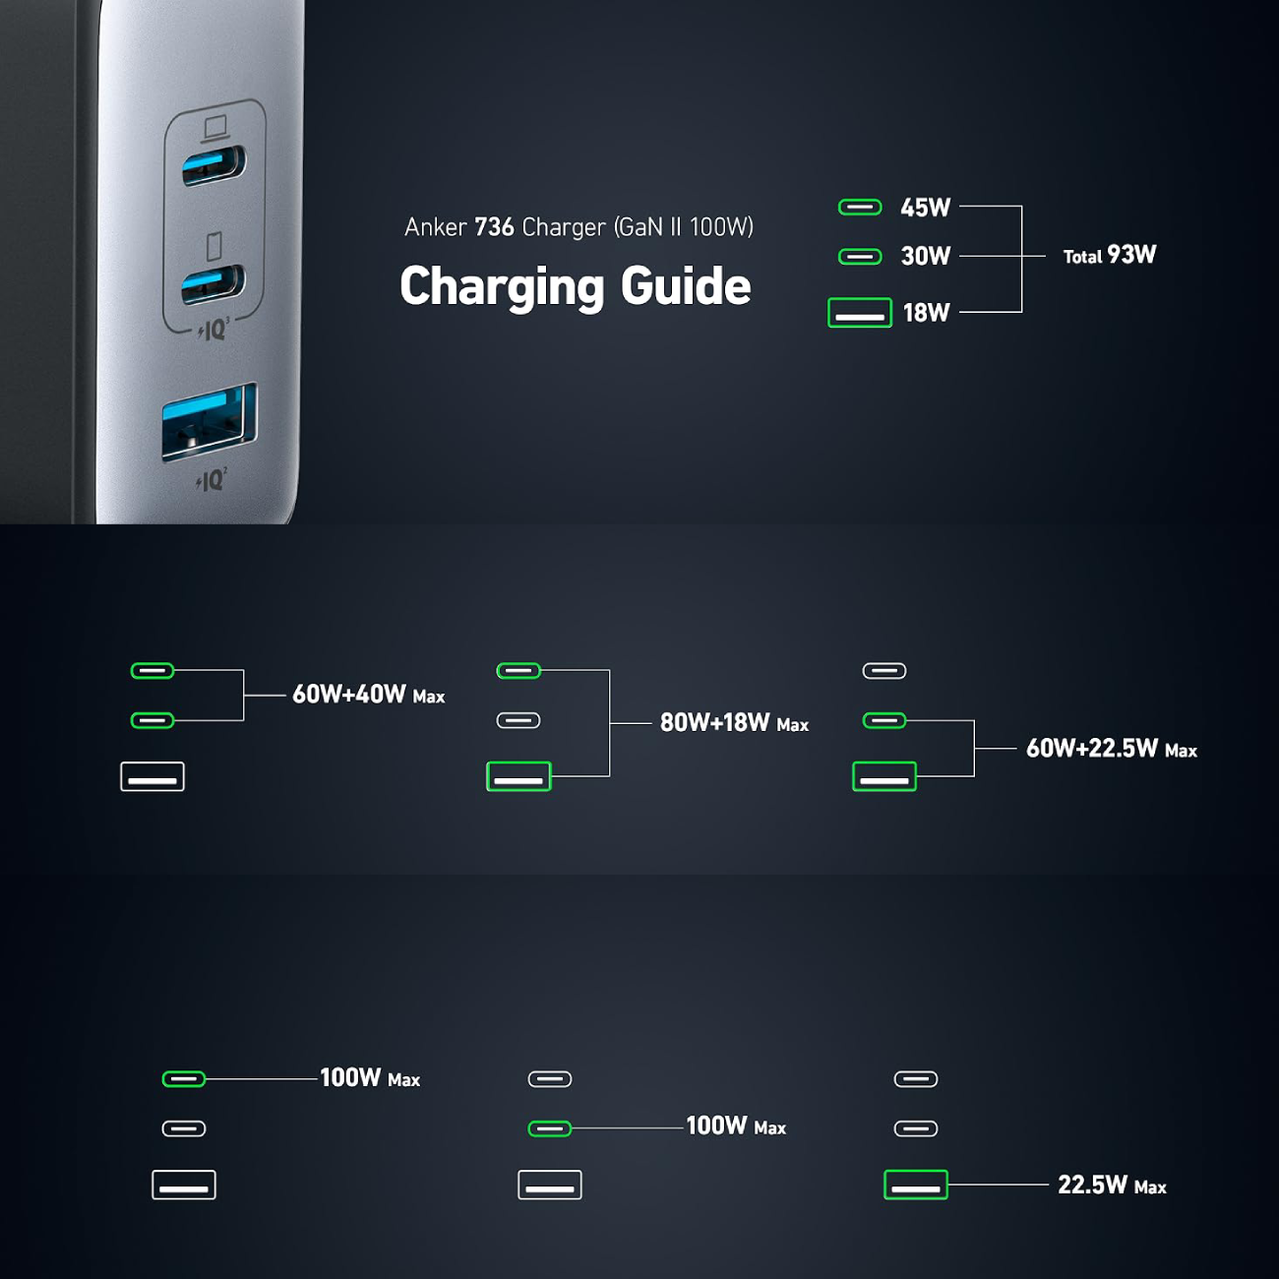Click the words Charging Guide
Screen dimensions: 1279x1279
tap(576, 286)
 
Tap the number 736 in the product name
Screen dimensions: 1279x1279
tap(494, 227)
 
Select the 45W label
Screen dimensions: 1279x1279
tap(926, 208)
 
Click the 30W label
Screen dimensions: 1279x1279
tap(926, 257)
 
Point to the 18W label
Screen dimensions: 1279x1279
tap(926, 313)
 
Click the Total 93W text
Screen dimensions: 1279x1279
tap(1109, 256)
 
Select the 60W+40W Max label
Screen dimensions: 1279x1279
tap(368, 695)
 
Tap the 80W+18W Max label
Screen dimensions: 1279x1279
tap(734, 723)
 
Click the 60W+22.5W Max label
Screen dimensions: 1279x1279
tap(1111, 749)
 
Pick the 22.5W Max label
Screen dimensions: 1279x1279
tap(1112, 1186)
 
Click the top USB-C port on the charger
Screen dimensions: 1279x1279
tap(213, 165)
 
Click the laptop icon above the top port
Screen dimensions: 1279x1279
tap(214, 128)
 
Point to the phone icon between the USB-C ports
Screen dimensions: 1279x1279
tap(213, 245)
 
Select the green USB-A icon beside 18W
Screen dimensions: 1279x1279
tap(860, 313)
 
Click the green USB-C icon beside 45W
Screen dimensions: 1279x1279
tap(860, 207)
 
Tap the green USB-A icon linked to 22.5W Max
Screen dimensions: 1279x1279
tap(916, 1185)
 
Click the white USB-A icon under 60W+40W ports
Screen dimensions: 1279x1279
tap(152, 776)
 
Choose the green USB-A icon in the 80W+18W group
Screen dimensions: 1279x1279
tap(518, 776)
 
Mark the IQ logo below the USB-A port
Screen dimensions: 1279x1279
tap(212, 480)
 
